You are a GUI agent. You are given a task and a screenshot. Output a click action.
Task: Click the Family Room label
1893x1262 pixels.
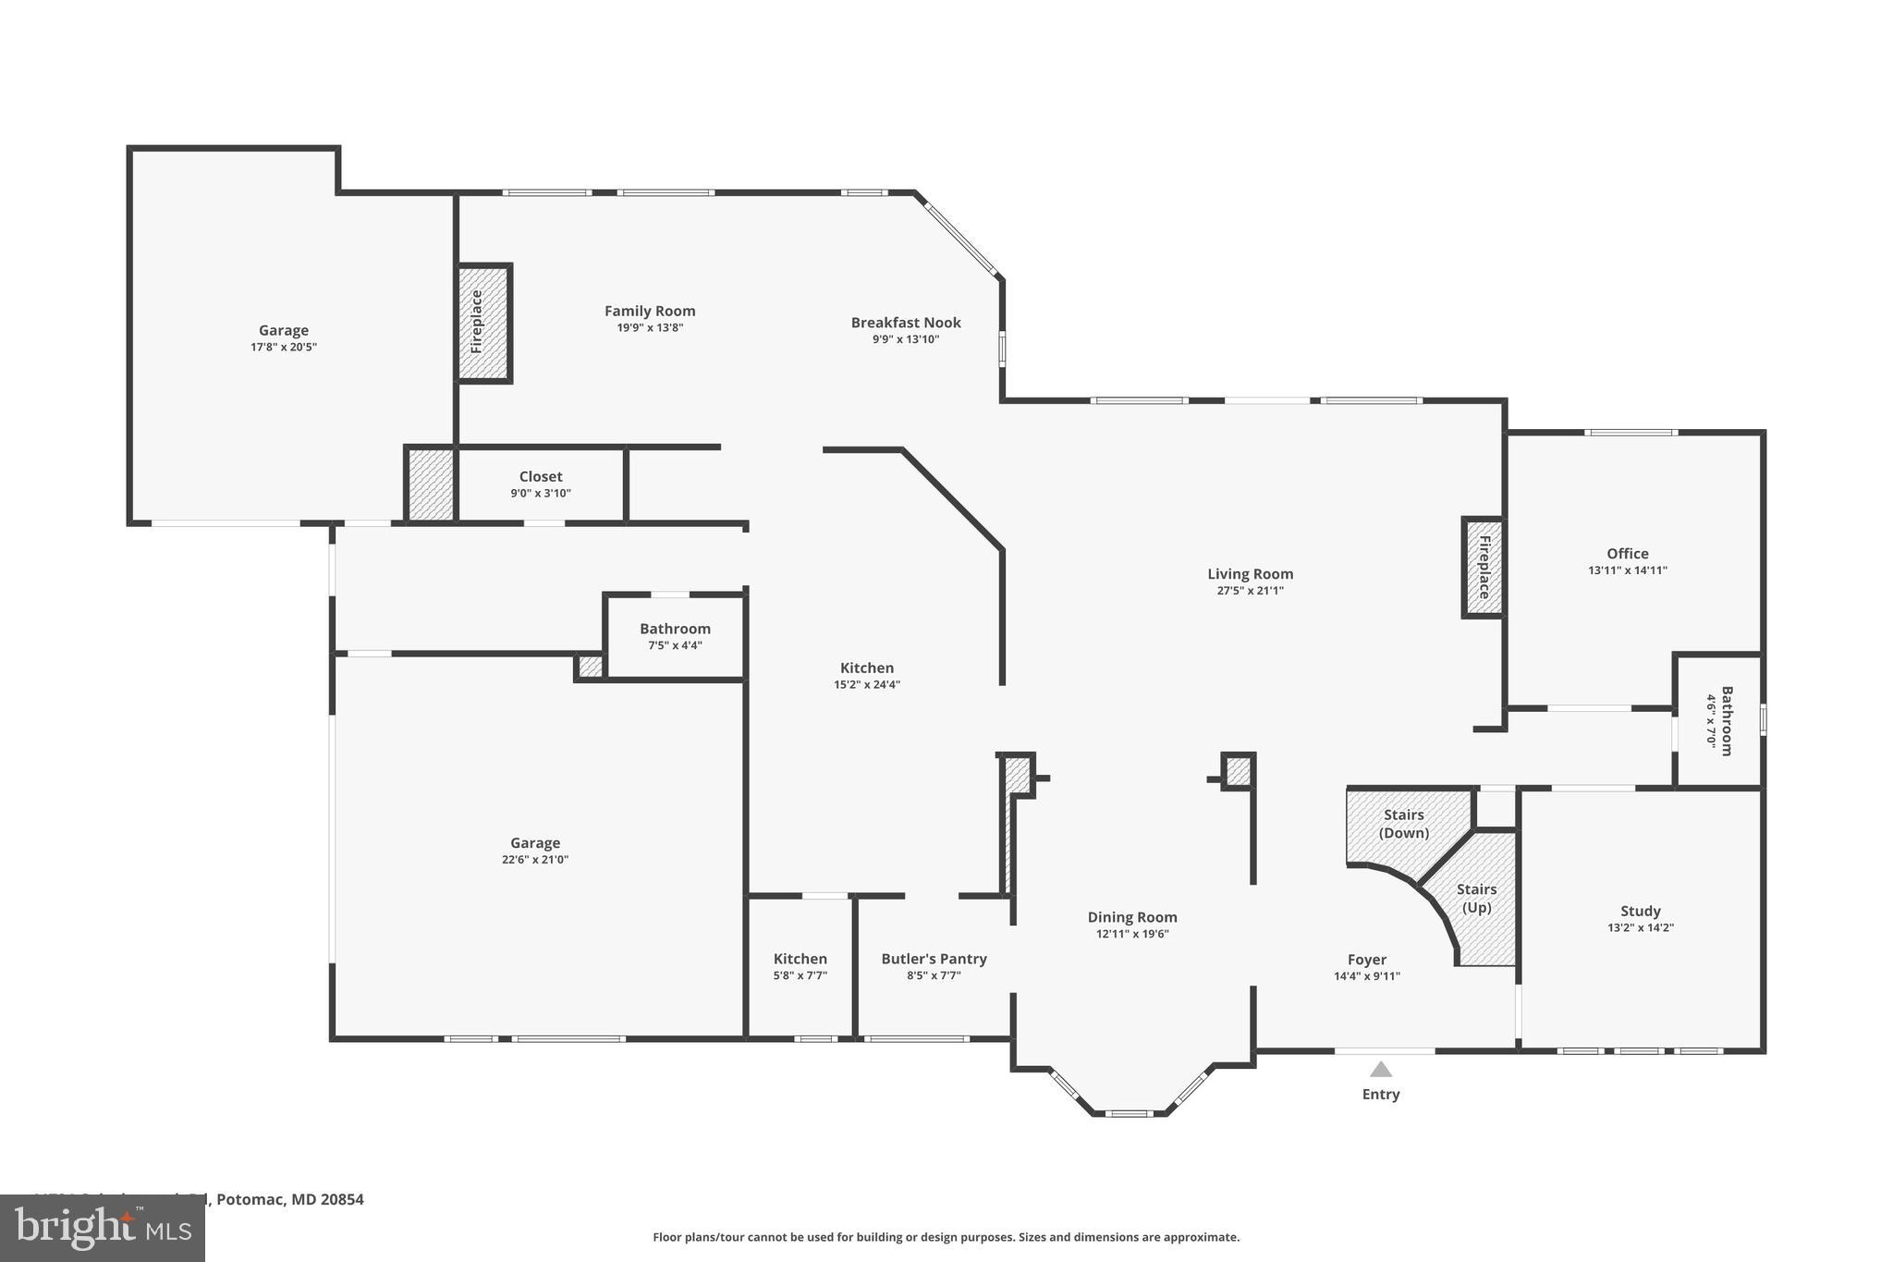650,312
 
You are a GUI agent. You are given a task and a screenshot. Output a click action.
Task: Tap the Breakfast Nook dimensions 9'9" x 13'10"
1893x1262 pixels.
906,339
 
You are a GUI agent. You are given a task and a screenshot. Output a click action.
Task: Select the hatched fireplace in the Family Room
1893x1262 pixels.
483,323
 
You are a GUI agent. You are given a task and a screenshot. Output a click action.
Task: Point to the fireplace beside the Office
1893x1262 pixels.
1483,567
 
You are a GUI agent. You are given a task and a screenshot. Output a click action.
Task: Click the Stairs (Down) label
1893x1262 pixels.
1404,823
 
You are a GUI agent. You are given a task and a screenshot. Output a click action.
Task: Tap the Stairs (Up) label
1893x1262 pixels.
1476,898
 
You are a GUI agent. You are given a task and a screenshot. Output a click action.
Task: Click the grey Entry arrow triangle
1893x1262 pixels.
1381,1070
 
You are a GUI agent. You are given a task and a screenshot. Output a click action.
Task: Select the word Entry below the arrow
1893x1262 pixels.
1381,1094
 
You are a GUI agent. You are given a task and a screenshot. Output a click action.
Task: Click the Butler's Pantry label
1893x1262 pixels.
934,959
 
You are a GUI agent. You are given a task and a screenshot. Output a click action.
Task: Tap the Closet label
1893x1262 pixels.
541,477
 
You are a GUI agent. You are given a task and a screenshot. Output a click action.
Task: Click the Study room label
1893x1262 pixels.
1641,911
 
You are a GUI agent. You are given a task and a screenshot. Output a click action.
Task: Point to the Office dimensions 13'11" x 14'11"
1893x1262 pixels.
1628,570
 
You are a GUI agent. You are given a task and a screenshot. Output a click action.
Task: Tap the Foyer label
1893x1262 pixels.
1367,960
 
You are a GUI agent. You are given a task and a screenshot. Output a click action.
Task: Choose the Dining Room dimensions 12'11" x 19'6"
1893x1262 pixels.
1132,934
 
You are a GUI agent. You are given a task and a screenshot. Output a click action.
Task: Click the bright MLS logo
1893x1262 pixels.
102,1227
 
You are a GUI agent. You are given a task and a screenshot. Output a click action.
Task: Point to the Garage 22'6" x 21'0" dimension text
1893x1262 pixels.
535,860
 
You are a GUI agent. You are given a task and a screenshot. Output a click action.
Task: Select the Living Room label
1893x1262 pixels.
1250,574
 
